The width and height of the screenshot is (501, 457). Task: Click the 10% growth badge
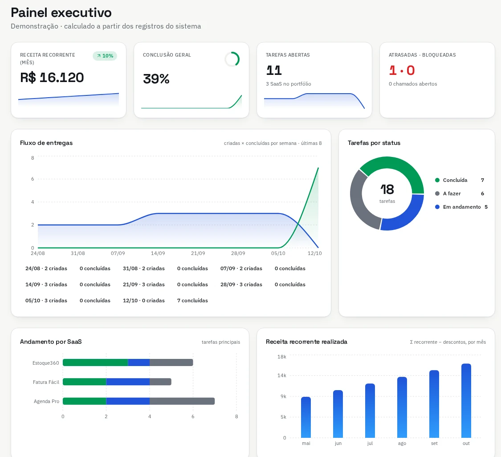click(105, 56)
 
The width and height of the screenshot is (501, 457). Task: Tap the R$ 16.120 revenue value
click(52, 78)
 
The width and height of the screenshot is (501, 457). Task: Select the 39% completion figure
click(156, 78)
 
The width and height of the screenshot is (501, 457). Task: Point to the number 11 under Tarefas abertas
click(274, 70)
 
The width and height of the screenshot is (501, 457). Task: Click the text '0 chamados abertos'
click(413, 84)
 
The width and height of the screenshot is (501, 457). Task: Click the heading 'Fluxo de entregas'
click(46, 143)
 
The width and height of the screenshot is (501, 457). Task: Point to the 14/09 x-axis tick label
click(158, 253)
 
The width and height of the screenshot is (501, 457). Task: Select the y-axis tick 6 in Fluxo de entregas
click(33, 179)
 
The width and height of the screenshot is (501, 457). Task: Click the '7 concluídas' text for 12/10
click(192, 301)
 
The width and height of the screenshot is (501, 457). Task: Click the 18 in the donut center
click(387, 189)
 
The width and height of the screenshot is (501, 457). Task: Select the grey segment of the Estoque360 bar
click(171, 362)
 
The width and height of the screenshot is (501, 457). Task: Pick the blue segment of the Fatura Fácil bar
click(128, 382)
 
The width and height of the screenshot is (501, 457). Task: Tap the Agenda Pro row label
click(46, 401)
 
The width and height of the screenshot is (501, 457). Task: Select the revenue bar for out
click(466, 401)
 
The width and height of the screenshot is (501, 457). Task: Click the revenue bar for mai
click(306, 417)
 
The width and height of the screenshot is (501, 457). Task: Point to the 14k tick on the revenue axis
click(282, 375)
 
